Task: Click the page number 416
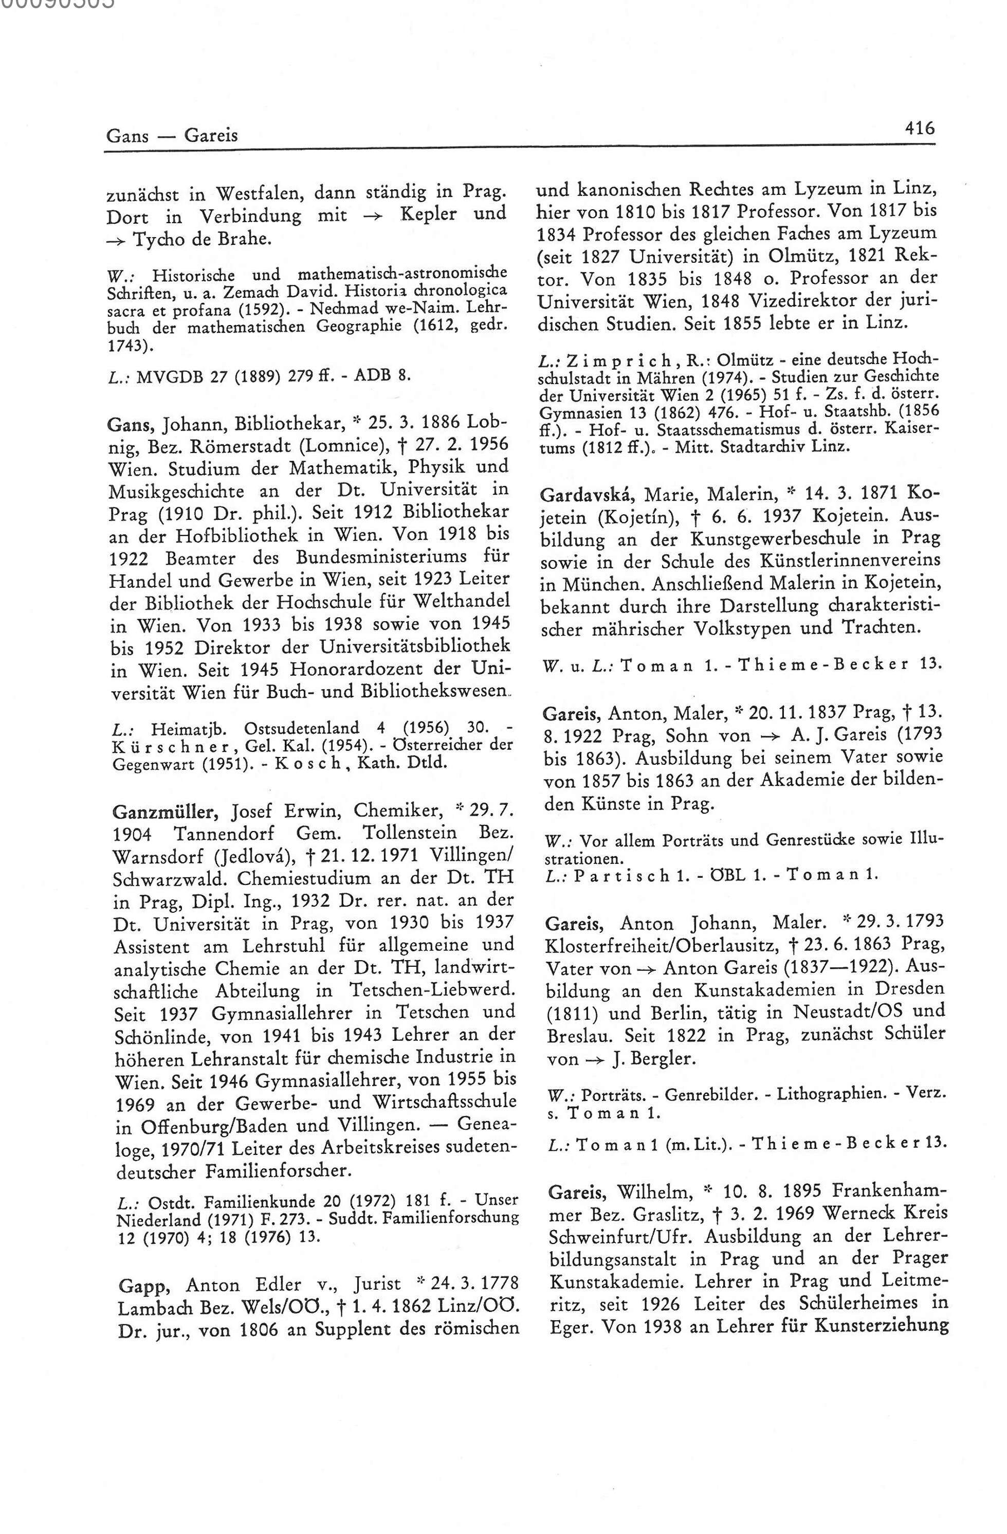[x=919, y=129]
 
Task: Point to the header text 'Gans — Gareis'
[x=171, y=135]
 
